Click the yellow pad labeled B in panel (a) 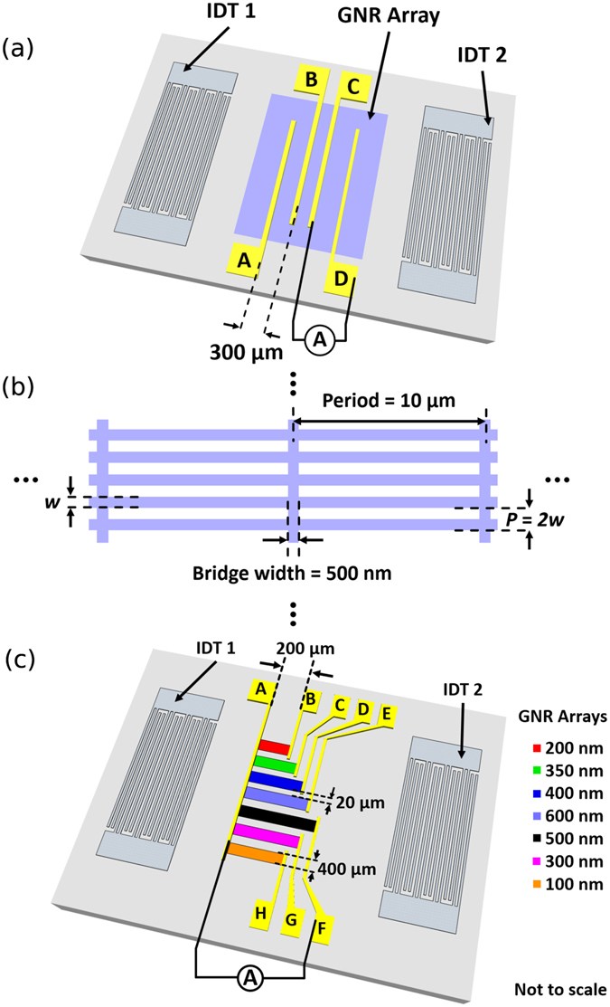click(x=310, y=81)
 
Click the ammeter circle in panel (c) click(x=250, y=977)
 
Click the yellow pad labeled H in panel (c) click(x=260, y=914)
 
